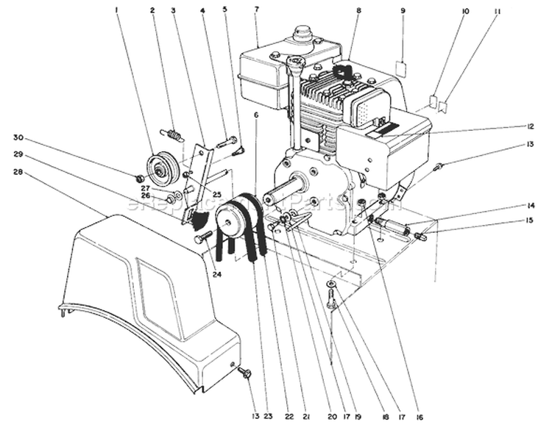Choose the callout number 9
pyautogui.click(x=403, y=10)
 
